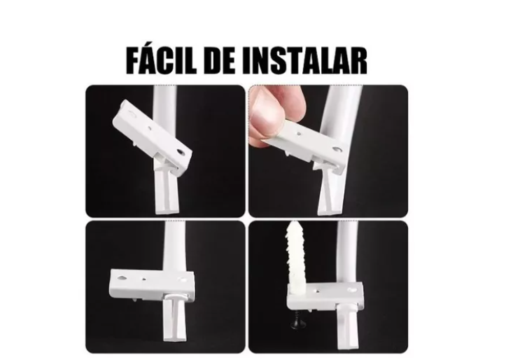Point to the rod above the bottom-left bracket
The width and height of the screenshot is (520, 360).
(171, 245)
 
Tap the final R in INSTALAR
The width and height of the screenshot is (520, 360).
(358, 60)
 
